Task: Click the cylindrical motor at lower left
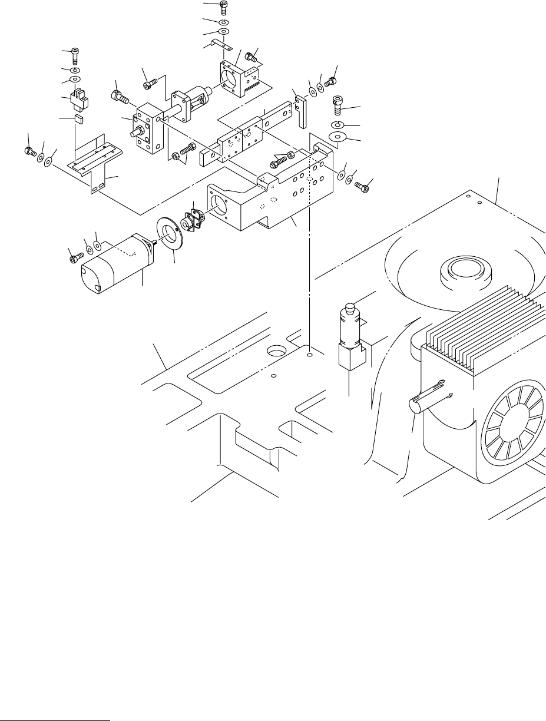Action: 115,264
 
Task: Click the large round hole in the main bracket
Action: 219,203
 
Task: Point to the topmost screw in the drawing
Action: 224,8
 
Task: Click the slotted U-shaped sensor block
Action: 78,100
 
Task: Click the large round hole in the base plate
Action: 277,352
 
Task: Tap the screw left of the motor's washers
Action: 74,257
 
